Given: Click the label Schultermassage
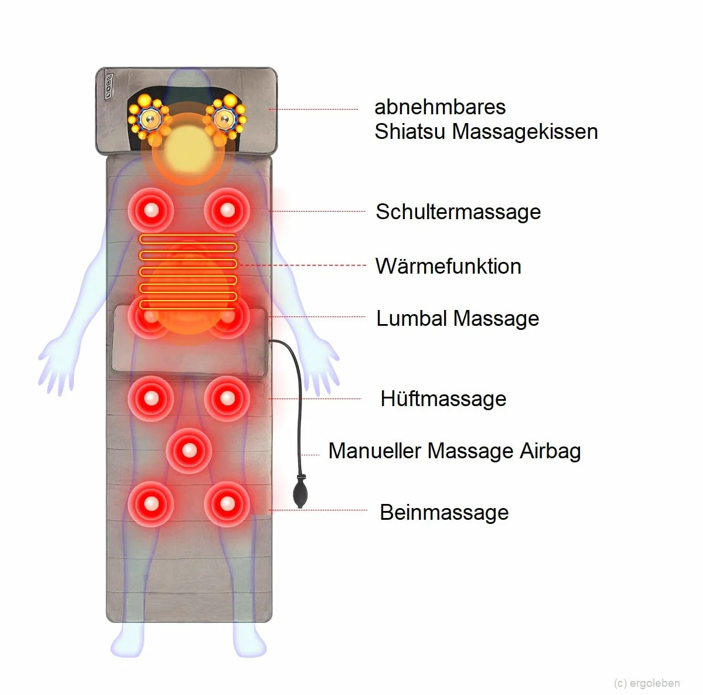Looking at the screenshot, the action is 458,212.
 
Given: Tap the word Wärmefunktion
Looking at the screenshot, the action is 448,265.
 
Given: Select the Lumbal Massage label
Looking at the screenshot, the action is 458,318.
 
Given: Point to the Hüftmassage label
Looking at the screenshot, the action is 443,398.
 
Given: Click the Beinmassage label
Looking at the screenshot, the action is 444,512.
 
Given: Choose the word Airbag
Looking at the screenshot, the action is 550,451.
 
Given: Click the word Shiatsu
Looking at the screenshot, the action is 410,131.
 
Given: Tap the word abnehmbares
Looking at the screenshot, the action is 440,107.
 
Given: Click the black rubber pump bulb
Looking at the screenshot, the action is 301,491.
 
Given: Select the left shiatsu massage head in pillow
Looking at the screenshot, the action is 149,118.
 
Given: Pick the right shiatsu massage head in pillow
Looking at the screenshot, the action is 226,118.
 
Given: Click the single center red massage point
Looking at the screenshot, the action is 189,451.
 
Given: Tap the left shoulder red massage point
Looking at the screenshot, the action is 151,210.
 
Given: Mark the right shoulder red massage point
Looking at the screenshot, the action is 227,210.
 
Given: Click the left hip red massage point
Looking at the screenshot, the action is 151,398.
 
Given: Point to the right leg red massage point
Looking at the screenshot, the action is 227,504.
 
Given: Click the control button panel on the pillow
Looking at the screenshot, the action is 109,86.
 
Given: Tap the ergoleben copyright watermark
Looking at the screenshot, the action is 647,683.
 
